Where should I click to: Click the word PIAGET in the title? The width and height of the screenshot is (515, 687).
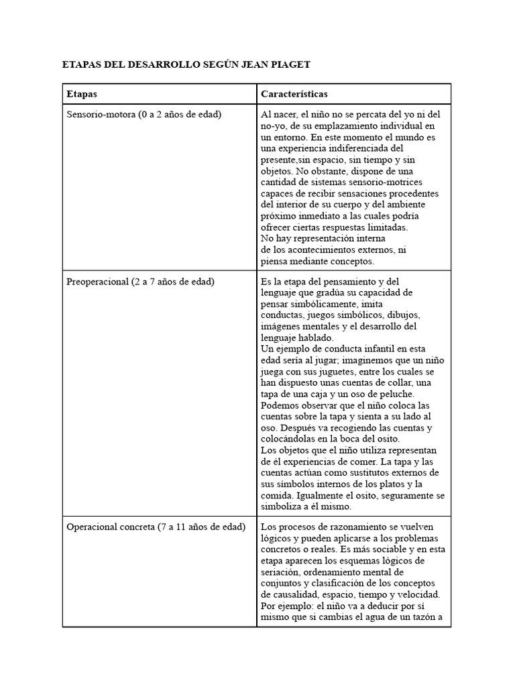point(289,64)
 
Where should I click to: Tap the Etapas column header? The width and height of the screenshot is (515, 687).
point(82,94)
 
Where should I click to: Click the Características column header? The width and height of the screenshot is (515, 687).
point(294,94)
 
